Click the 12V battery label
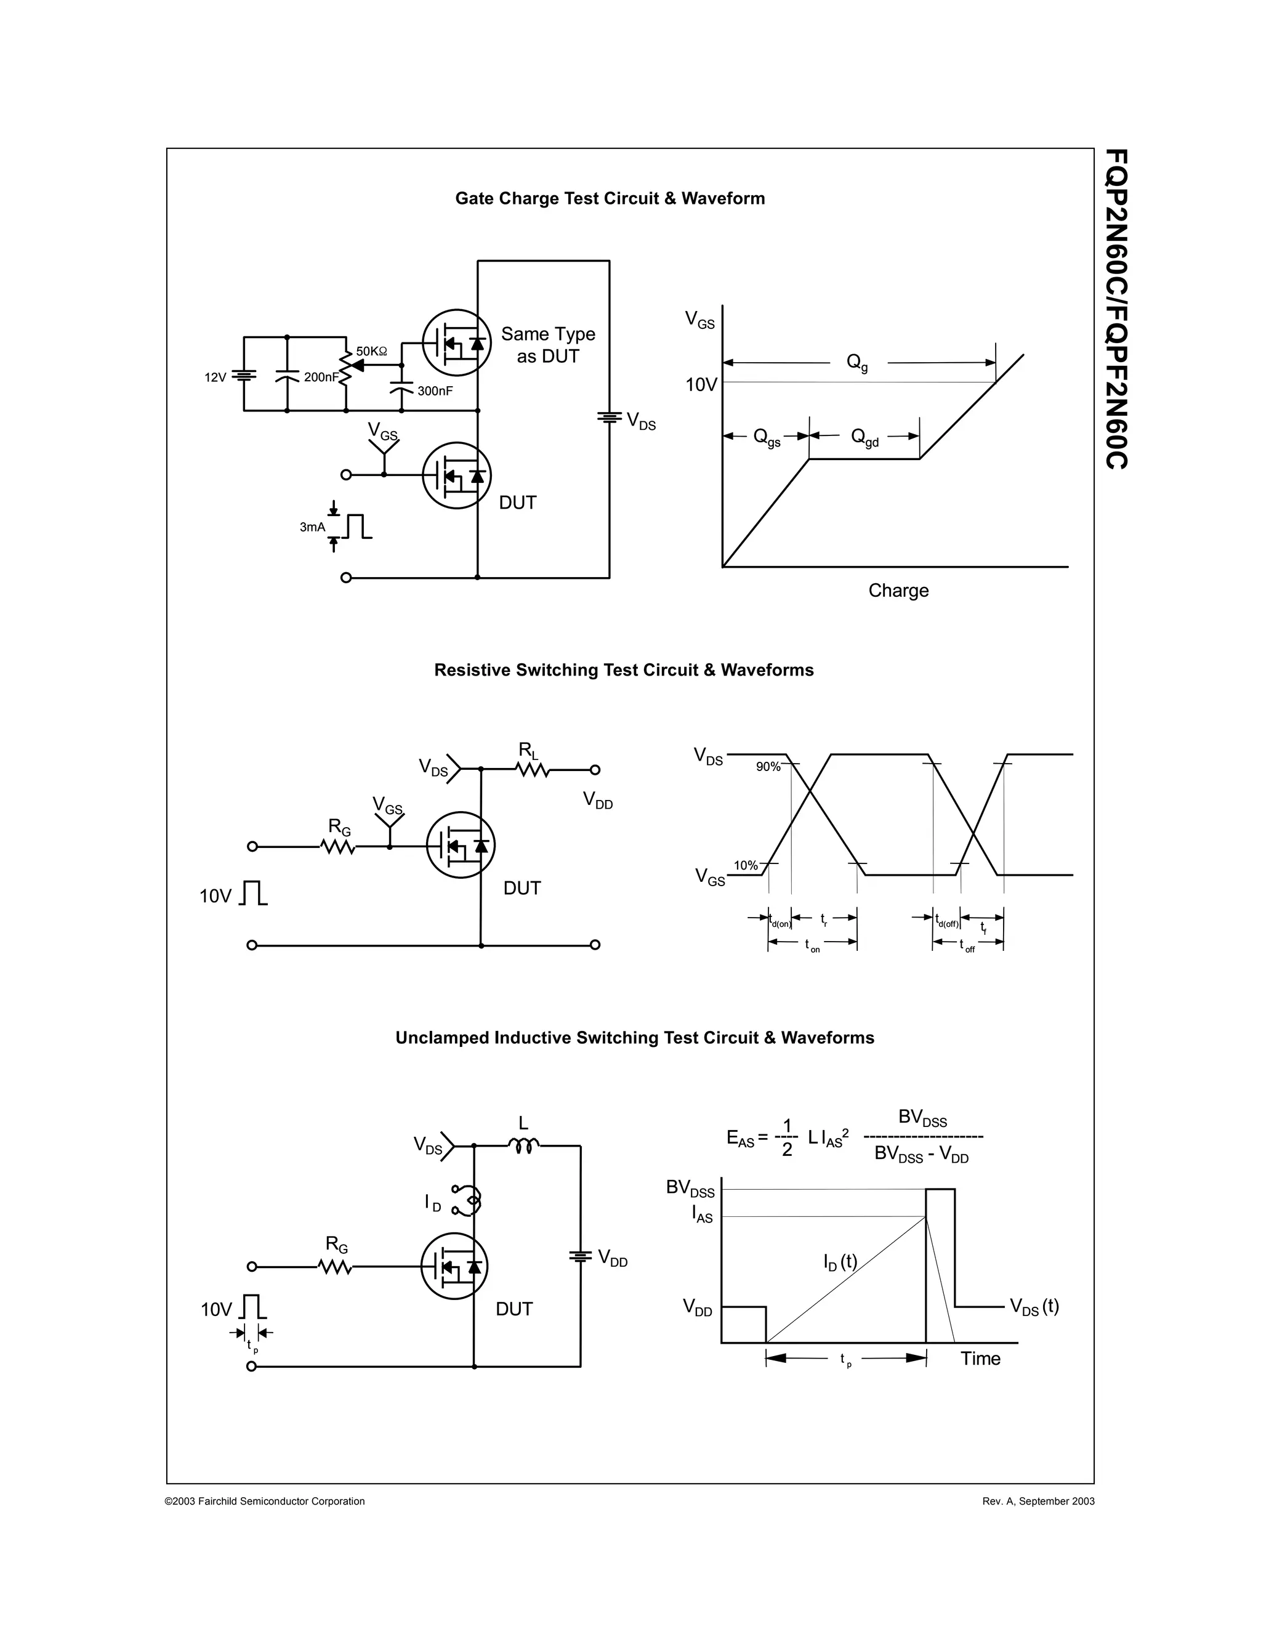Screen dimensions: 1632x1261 pos(215,378)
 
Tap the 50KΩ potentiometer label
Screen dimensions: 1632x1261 pos(371,351)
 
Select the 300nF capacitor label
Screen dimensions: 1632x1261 pos(435,391)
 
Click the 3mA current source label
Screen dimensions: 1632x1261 pos(312,527)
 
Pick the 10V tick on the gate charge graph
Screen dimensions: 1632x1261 pos(701,385)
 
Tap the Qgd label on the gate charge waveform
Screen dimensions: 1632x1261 pos(864,438)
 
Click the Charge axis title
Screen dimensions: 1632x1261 pos(898,591)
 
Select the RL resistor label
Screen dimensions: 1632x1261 pos(528,749)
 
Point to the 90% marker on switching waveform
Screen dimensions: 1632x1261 pos(768,767)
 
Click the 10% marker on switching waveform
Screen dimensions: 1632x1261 pos(746,865)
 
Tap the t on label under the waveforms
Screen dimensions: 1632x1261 pos(812,946)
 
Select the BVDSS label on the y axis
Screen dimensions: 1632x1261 pos(690,1188)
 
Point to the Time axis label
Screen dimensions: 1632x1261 pos(980,1359)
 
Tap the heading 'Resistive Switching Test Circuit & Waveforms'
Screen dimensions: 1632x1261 pos(624,669)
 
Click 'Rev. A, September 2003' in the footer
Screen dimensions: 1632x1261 pos(1038,1501)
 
